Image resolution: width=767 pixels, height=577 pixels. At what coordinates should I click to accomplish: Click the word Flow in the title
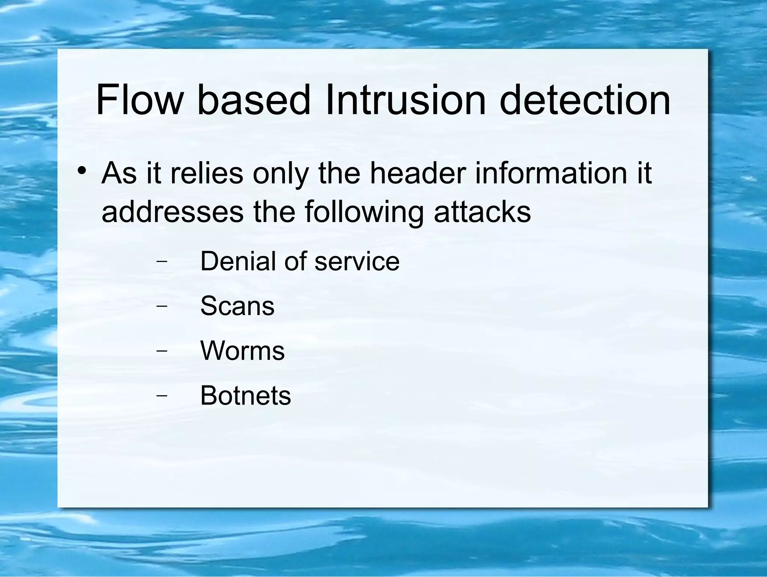tap(139, 100)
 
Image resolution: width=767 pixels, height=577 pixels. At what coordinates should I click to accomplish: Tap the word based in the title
tap(254, 100)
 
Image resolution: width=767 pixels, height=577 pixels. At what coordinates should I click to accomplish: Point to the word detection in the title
tap(585, 100)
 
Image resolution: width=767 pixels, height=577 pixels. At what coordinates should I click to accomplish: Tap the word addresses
tap(172, 211)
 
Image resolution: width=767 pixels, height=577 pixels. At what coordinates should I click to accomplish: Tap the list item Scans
tap(237, 306)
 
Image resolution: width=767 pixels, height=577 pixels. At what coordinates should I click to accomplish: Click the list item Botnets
tap(246, 396)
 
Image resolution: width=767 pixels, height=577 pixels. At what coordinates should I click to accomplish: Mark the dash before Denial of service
tap(161, 262)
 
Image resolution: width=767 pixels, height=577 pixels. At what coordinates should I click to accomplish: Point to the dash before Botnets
tap(161, 396)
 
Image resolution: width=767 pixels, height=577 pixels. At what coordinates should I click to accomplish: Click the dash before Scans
tap(161, 306)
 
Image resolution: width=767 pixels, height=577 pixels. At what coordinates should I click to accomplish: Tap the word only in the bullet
tap(281, 174)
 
